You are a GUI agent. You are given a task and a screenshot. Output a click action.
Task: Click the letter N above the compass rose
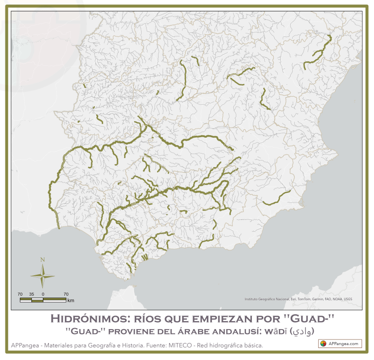point(43,259)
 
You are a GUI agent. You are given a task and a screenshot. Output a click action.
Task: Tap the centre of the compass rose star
point(43,275)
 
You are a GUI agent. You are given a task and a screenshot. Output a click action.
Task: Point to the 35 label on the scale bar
point(31,294)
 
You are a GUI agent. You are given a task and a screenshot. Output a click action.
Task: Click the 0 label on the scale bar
point(43,294)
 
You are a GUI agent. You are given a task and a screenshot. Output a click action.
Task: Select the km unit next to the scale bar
point(71,300)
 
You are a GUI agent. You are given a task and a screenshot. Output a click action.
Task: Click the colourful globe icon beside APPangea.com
point(324,344)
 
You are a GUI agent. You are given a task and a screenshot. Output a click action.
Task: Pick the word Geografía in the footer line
point(97,346)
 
